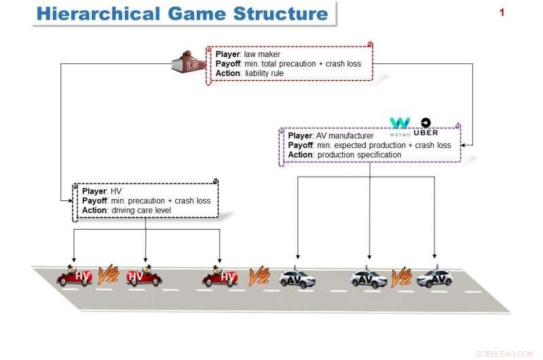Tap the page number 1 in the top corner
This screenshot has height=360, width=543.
(502, 12)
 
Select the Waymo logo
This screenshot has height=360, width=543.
(400, 124)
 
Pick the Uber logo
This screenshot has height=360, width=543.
(426, 127)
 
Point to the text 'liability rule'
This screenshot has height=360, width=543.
(265, 73)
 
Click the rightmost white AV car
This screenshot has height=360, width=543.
(434, 278)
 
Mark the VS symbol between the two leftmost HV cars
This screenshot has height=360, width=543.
(109, 274)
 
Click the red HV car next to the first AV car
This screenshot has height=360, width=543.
(220, 276)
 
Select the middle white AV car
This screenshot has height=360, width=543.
(368, 278)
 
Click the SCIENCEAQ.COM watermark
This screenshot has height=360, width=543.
(506, 353)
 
